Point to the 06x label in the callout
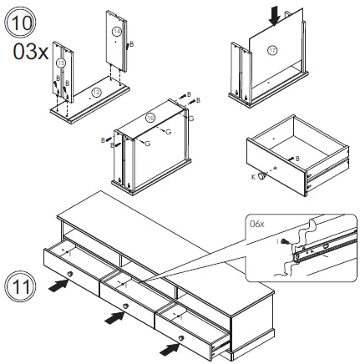[257, 224]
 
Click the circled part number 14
[116, 32]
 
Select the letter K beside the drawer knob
[254, 176]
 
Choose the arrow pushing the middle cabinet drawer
[112, 318]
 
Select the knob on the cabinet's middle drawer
[125, 306]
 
